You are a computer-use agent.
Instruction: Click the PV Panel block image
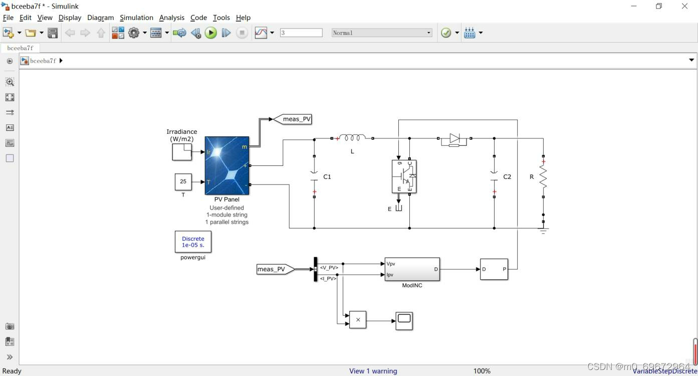point(227,165)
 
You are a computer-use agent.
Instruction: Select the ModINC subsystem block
point(412,269)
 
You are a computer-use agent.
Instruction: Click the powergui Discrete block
point(193,242)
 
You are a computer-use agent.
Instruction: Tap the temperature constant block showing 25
point(183,181)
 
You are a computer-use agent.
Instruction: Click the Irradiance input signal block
point(182,151)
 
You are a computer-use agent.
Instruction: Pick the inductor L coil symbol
point(352,138)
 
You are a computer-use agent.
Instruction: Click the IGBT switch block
point(404,176)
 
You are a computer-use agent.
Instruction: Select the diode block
point(454,138)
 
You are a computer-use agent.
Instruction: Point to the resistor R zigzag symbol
point(543,177)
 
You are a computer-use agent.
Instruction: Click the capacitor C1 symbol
point(314,176)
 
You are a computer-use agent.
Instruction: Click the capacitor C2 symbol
point(494,176)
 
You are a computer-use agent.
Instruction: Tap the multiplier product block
point(358,320)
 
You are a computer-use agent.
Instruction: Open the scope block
point(404,320)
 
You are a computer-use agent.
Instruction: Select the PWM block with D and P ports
point(494,269)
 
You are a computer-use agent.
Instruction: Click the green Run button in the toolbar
point(211,33)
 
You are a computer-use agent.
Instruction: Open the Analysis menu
point(172,18)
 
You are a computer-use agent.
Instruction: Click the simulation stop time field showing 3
point(301,33)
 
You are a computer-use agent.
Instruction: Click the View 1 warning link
point(373,371)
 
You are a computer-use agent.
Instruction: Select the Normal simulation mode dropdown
point(381,33)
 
